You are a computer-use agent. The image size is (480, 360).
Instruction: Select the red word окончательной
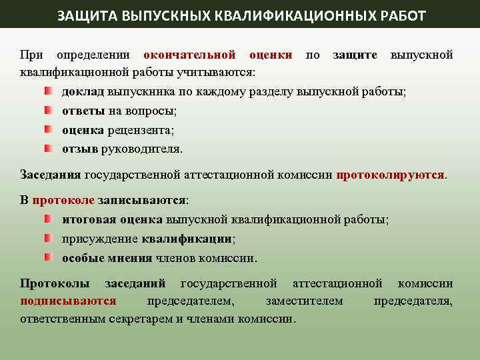click(x=189, y=55)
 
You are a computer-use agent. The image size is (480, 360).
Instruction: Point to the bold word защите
click(x=355, y=55)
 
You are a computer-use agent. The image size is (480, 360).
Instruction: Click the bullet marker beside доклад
click(x=49, y=90)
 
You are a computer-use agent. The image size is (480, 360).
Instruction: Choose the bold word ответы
click(x=83, y=111)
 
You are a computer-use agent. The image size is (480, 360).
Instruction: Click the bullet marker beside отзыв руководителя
click(x=49, y=147)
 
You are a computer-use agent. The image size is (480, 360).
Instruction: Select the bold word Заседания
click(x=51, y=175)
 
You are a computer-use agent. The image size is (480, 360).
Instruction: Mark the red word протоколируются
click(x=390, y=175)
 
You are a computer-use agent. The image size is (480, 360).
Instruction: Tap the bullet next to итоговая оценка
click(x=49, y=218)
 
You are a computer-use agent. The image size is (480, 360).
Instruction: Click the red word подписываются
click(x=68, y=301)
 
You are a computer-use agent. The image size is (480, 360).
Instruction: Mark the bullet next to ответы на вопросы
click(x=49, y=109)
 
